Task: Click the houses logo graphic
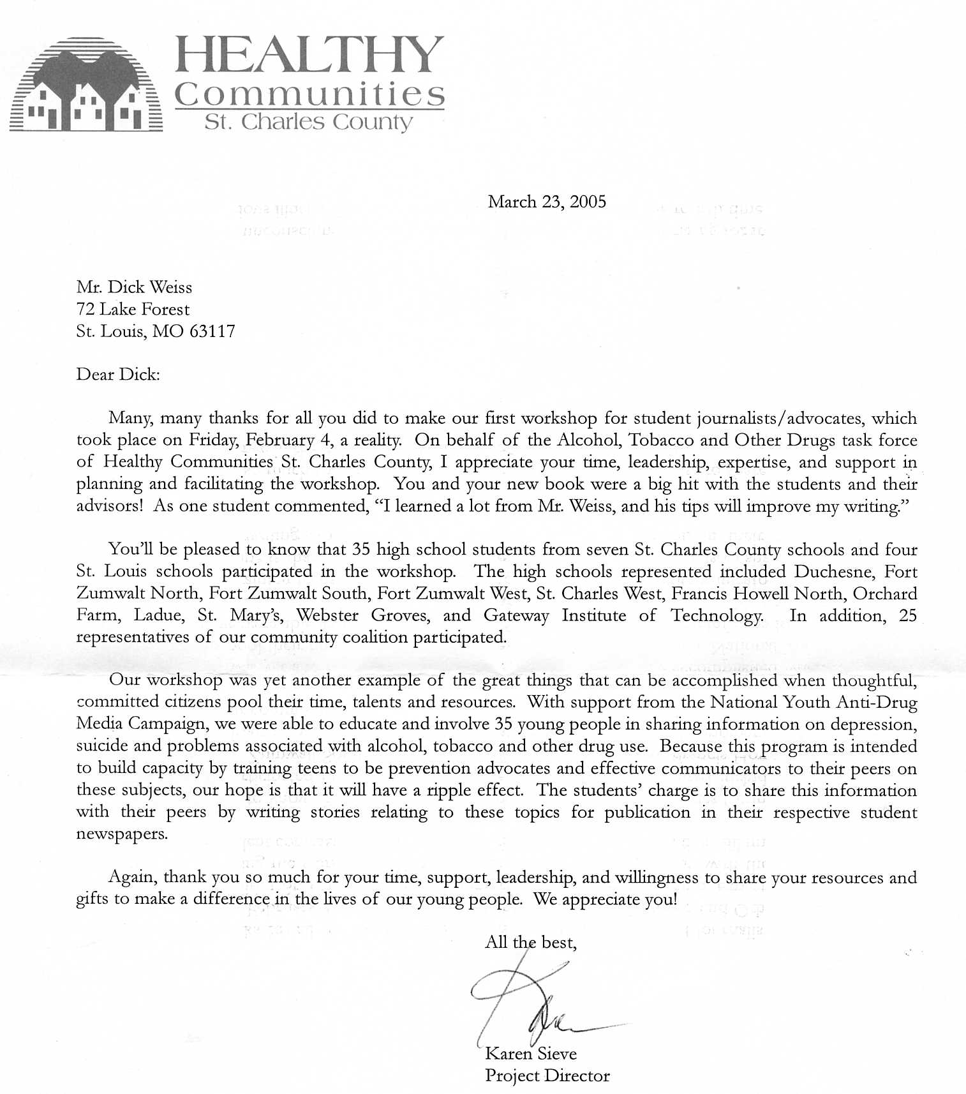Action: click(86, 86)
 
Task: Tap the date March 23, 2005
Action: click(547, 202)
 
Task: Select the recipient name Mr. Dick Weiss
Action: click(134, 287)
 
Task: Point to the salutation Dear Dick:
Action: click(118, 374)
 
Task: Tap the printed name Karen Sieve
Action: click(530, 1053)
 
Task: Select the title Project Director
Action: click(547, 1075)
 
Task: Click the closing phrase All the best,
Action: click(531, 942)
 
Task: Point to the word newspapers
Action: click(121, 834)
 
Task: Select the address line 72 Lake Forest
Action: click(133, 310)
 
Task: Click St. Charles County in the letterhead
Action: click(308, 122)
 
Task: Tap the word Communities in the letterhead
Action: click(309, 94)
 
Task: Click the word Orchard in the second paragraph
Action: click(885, 594)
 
